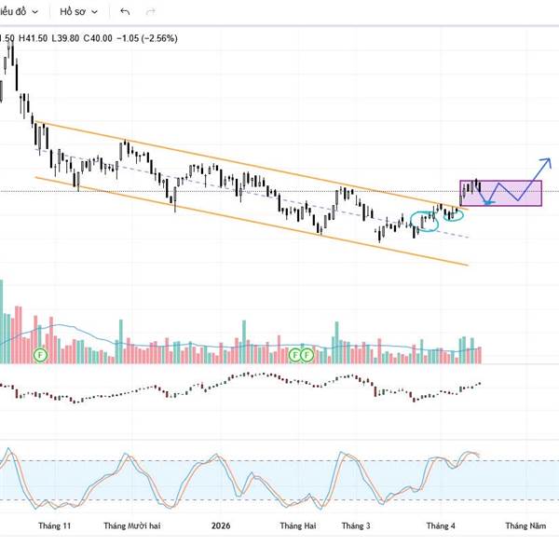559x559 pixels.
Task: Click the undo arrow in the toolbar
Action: [125, 12]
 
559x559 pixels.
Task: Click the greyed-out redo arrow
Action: [151, 12]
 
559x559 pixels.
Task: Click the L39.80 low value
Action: [66, 38]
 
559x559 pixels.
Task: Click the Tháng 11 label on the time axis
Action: [54, 526]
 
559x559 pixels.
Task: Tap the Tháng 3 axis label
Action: [356, 526]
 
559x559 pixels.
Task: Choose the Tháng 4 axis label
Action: [441, 526]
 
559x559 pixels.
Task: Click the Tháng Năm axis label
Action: [525, 526]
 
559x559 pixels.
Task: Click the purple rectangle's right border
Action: [541, 193]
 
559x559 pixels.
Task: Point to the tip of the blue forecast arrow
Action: [550, 157]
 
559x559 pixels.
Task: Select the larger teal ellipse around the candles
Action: [424, 222]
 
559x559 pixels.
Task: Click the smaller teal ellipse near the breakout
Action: [454, 215]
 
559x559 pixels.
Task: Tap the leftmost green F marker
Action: [40, 355]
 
